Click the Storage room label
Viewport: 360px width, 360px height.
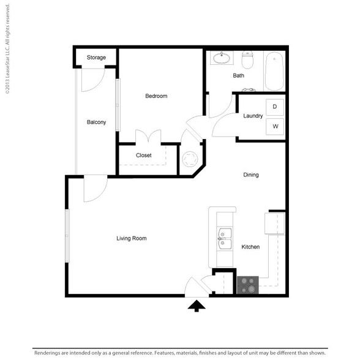(96, 58)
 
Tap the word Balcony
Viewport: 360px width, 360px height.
(96, 122)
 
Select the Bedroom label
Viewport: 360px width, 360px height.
(156, 96)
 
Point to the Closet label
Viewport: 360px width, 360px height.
(143, 156)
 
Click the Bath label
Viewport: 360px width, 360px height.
(238, 75)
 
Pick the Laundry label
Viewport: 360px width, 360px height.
(253, 116)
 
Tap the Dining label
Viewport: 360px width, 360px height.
(251, 175)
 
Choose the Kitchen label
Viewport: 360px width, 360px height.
(250, 247)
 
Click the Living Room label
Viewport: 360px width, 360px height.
(131, 238)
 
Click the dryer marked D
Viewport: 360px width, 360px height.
(274, 107)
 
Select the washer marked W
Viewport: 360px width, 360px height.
(275, 126)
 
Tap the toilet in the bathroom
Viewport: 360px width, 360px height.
(247, 60)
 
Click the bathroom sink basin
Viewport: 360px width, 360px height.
(222, 58)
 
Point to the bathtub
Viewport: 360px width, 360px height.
(274, 72)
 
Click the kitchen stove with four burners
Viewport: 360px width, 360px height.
(248, 285)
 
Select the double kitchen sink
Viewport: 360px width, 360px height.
(225, 239)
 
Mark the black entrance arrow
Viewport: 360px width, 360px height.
(197, 306)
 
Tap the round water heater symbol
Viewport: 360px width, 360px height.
(190, 159)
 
